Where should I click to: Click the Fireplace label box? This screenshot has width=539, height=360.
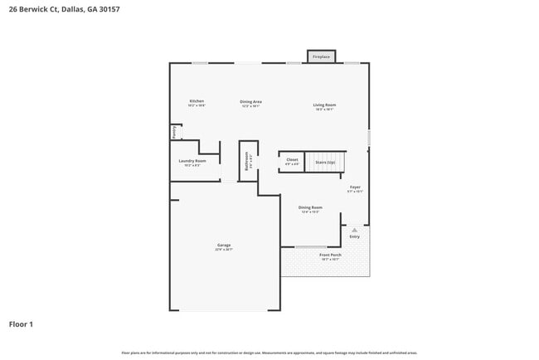coord(321,57)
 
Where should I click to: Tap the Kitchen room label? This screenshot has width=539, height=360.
coord(197,101)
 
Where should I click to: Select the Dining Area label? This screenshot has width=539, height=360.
coord(251,101)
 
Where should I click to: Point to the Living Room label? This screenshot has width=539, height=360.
coord(324,105)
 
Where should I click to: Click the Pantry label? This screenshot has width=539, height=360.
coord(174,131)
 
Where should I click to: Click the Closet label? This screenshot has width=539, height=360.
coord(292,159)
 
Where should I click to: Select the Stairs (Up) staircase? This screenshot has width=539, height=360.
coord(325,162)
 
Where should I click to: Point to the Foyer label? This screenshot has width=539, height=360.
coord(355,187)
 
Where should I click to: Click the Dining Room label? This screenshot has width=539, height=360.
coord(310,207)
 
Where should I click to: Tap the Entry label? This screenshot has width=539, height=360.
coord(355,236)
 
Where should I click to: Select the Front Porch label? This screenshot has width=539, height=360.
coord(330,255)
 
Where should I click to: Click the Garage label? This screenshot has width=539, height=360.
coord(224,245)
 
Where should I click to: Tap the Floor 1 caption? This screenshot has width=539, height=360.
coord(21,324)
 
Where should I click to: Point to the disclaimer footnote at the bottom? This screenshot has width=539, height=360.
coord(269,353)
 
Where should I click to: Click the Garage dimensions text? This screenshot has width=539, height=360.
coord(224,249)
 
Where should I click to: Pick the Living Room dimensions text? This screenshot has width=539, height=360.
coord(324,109)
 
